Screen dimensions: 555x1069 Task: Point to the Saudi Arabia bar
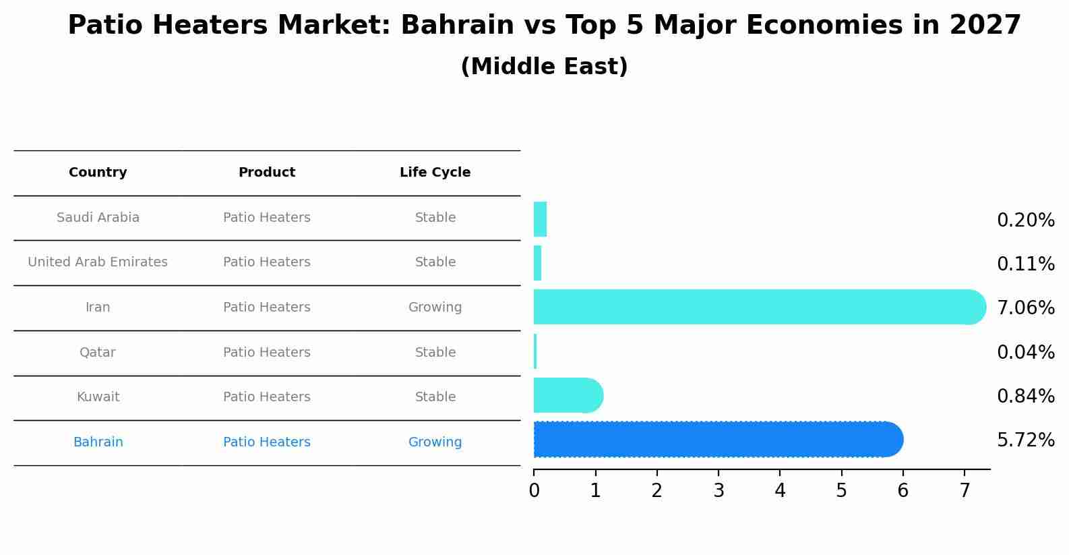(x=540, y=219)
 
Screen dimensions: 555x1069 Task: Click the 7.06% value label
(x=1025, y=308)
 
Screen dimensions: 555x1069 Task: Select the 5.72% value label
(x=1025, y=440)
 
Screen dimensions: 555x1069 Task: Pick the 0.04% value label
(x=1025, y=352)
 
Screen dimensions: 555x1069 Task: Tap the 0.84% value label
(x=1025, y=397)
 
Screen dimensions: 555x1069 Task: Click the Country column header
(x=98, y=173)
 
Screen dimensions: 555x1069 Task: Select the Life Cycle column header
(x=435, y=173)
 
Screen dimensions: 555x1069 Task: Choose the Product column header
(x=267, y=173)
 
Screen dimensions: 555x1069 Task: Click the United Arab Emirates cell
(x=98, y=262)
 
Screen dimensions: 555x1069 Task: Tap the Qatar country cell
(x=98, y=353)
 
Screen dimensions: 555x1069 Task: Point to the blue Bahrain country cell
(x=98, y=442)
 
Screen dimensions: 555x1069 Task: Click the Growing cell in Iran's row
(x=435, y=308)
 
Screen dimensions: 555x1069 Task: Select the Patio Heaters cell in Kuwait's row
(x=267, y=397)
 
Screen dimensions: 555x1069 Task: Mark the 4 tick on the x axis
(x=780, y=491)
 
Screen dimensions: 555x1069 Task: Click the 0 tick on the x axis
(x=534, y=491)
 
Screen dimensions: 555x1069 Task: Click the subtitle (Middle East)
(x=544, y=67)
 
